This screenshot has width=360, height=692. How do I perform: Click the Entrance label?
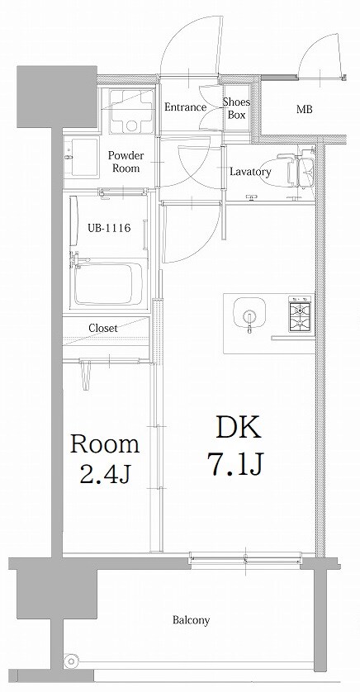click(x=185, y=107)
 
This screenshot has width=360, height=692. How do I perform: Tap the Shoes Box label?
click(x=237, y=108)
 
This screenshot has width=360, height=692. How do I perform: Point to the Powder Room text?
click(x=126, y=161)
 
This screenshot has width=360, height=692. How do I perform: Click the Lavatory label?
click(x=250, y=172)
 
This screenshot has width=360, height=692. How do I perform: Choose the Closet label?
click(x=103, y=328)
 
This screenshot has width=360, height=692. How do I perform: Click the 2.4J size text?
click(x=104, y=475)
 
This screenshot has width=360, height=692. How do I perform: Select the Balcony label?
click(x=192, y=620)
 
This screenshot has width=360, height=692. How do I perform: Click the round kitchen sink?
click(x=249, y=315)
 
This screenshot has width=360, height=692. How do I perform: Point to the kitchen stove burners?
click(x=299, y=313)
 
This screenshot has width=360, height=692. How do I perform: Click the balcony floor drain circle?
click(x=72, y=661)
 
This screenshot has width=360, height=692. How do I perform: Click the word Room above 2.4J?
click(x=104, y=445)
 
